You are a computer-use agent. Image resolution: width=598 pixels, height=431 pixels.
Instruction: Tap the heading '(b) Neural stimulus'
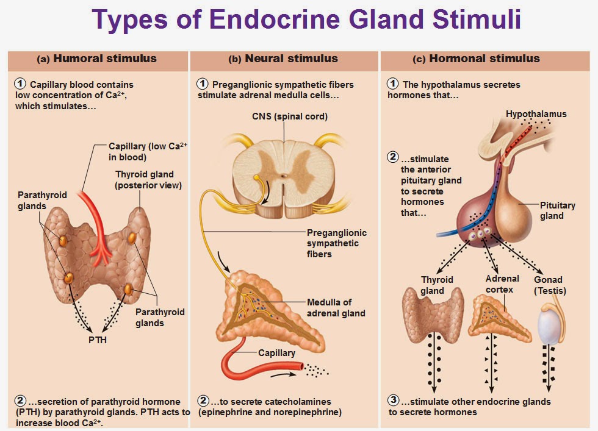tap(283, 59)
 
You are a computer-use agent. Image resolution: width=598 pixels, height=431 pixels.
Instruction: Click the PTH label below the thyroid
tap(98, 340)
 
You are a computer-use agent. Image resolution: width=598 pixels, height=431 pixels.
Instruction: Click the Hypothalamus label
tap(536, 114)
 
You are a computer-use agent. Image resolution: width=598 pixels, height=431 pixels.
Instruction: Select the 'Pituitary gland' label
tap(557, 210)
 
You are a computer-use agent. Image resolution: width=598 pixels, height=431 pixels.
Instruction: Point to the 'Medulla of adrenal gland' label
tap(336, 308)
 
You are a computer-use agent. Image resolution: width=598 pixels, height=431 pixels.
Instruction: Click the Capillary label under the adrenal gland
tap(276, 353)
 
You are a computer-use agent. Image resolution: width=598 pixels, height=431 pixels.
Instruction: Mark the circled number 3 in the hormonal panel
tap(394, 401)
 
